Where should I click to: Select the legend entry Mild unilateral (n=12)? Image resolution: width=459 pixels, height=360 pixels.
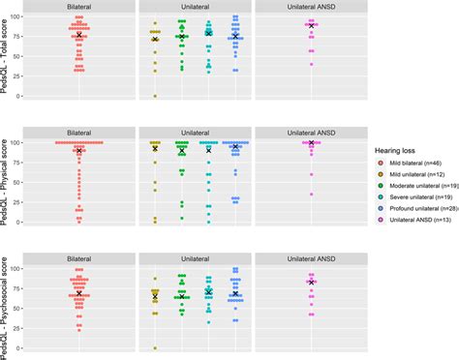click(x=414, y=178)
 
